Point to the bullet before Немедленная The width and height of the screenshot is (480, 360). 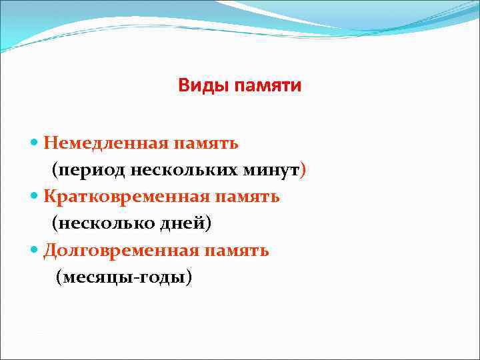point(35,143)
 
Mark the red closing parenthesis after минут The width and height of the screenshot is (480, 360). point(304,171)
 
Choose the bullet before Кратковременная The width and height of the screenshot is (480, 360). point(35,197)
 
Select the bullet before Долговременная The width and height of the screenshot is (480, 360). point(35,251)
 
